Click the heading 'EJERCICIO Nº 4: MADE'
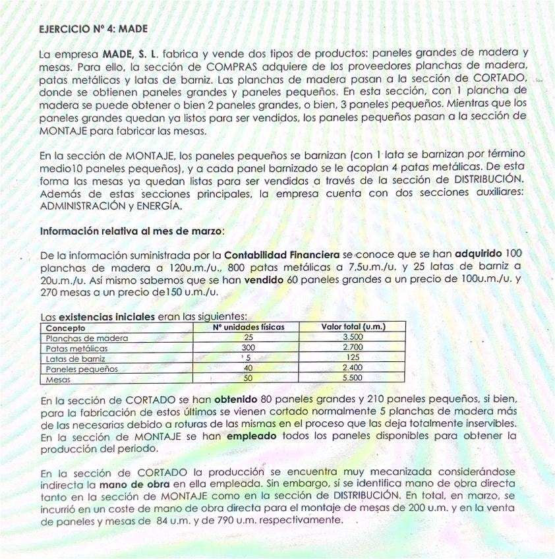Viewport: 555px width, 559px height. click(94, 29)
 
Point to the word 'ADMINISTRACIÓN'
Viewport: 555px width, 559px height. click(82, 206)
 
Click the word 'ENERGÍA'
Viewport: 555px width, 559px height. click(160, 206)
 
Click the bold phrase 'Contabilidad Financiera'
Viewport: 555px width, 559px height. click(281, 254)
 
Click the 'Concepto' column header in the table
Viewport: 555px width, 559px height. click(65, 327)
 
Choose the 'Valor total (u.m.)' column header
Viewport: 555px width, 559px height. click(353, 327)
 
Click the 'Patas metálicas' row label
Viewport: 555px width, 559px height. click(76, 348)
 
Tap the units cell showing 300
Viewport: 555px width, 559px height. click(248, 348)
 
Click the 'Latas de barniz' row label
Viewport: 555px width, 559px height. click(75, 359)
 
